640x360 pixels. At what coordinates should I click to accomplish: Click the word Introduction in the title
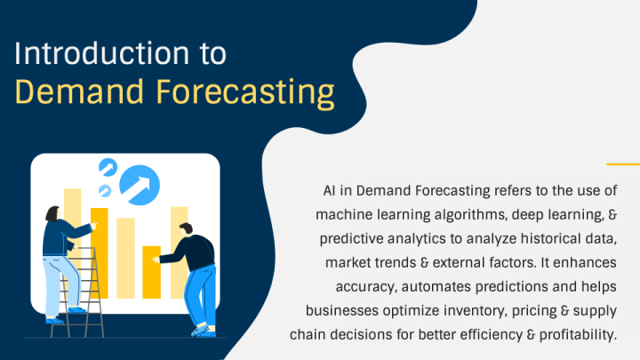[x=102, y=53]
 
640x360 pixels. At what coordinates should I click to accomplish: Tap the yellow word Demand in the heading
[x=80, y=92]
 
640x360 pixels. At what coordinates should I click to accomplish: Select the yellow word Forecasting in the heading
[x=245, y=94]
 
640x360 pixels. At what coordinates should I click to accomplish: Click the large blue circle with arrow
[x=140, y=185]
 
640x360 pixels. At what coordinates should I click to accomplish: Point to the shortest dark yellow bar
[x=151, y=272]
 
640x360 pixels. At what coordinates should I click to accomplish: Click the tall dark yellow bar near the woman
[x=100, y=253]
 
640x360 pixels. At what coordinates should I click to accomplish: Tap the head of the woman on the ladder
[x=52, y=214]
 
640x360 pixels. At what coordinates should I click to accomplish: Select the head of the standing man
[x=186, y=228]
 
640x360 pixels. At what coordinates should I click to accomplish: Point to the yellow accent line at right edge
[x=623, y=164]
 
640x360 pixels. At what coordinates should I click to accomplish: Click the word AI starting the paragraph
[x=329, y=190]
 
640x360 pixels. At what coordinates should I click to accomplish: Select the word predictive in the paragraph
[x=351, y=239]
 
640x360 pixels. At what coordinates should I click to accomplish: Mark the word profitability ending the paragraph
[x=578, y=335]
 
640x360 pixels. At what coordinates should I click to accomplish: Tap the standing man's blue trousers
[x=201, y=294]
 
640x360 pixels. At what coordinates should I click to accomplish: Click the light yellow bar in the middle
[x=125, y=258]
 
